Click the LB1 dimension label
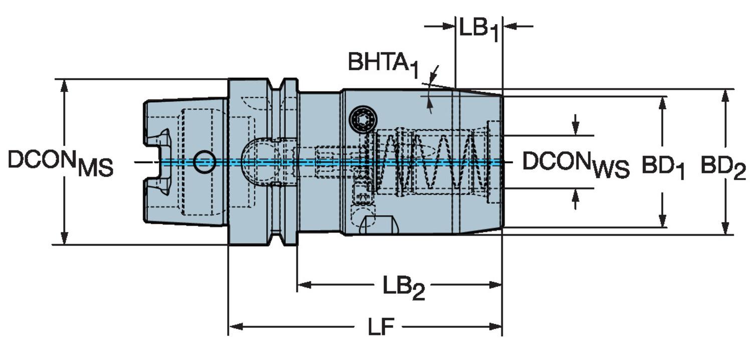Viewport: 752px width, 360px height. [479, 30]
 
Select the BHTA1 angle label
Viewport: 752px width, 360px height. [384, 64]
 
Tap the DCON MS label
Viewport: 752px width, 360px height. [61, 163]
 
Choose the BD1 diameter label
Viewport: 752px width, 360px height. [663, 167]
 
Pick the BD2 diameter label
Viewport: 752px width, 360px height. [723, 167]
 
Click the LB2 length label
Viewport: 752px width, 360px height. [404, 288]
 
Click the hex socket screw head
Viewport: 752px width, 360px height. [363, 120]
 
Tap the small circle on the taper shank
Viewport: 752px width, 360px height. [205, 162]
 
